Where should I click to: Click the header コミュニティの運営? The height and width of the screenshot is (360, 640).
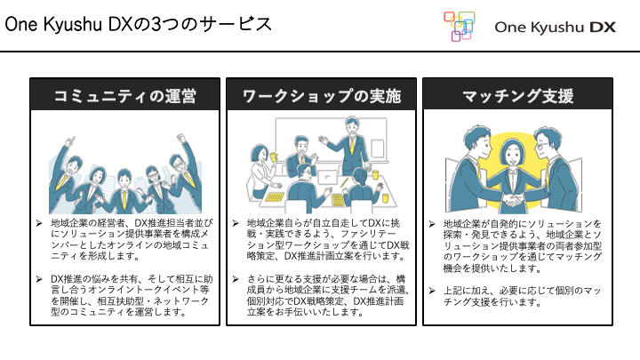(124, 95)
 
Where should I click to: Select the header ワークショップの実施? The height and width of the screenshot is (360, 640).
(321, 95)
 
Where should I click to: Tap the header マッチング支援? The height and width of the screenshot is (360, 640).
(517, 95)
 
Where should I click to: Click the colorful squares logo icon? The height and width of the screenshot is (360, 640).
(459, 26)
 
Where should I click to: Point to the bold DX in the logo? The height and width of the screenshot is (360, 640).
(602, 28)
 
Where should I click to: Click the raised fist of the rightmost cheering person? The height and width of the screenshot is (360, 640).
(185, 139)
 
